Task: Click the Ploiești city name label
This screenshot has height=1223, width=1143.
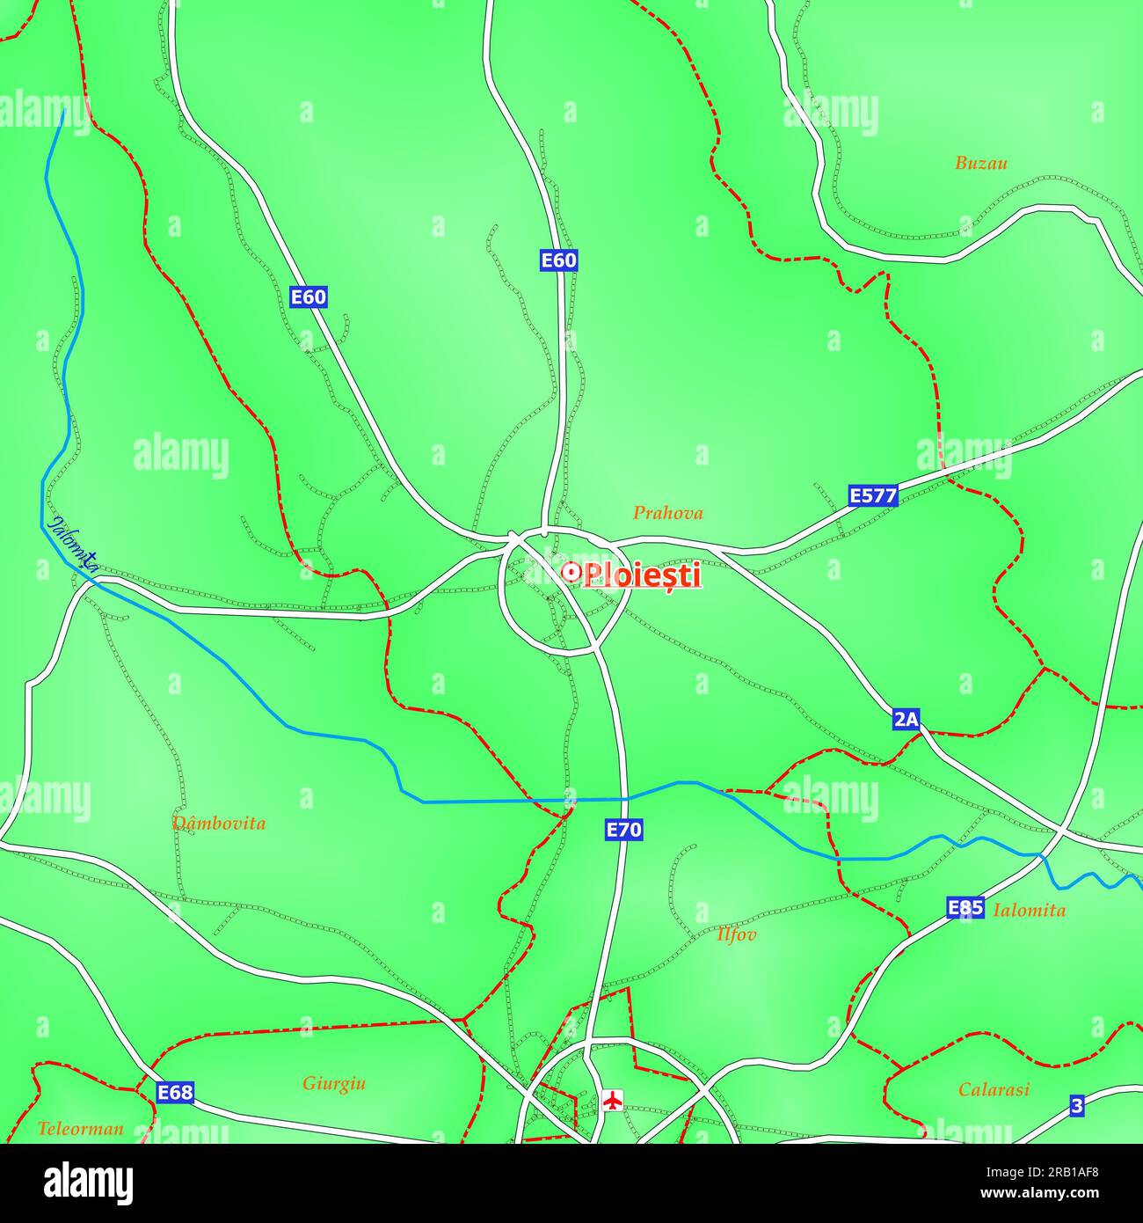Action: pyautogui.click(x=643, y=575)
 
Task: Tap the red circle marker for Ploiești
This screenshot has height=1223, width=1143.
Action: pyautogui.click(x=571, y=573)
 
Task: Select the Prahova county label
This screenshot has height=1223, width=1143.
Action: pyautogui.click(x=668, y=513)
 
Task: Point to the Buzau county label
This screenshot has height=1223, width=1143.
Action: pyautogui.click(x=981, y=163)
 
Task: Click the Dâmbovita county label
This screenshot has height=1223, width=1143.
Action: pyautogui.click(x=219, y=824)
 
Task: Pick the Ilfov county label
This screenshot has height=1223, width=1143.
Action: pyautogui.click(x=736, y=934)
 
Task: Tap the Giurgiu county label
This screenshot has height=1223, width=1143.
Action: pyautogui.click(x=334, y=1083)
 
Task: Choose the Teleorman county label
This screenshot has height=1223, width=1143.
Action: pyautogui.click(x=80, y=1128)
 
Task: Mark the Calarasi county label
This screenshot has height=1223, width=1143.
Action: pyautogui.click(x=994, y=1089)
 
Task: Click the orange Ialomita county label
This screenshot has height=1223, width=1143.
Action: pyautogui.click(x=1029, y=911)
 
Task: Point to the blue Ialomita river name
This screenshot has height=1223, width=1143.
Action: pyautogui.click(x=73, y=543)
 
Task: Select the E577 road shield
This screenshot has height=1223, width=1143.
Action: pyautogui.click(x=873, y=495)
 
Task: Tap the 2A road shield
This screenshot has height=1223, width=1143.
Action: pyautogui.click(x=906, y=720)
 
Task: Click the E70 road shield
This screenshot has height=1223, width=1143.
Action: pyautogui.click(x=624, y=829)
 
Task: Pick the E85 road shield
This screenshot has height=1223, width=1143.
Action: pyautogui.click(x=965, y=908)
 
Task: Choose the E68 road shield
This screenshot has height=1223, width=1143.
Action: pyautogui.click(x=175, y=1092)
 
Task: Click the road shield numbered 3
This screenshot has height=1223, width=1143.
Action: pyautogui.click(x=1077, y=1106)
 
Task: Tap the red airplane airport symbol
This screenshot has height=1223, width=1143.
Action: pyautogui.click(x=613, y=1099)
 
